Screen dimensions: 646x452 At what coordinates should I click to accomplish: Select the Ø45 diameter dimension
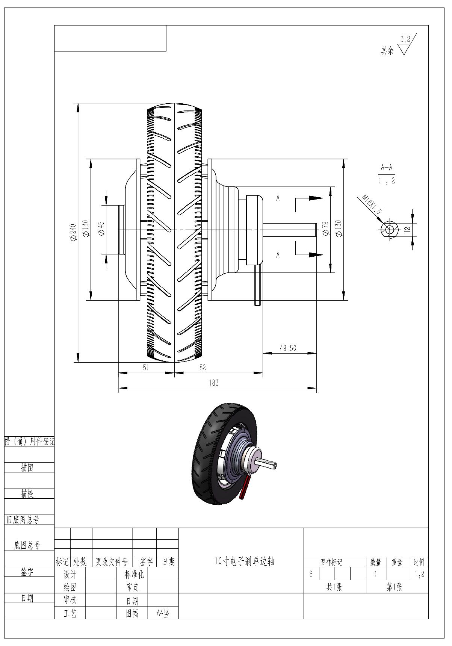pos(101,228)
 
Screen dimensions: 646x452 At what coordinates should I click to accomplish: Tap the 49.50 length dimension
pos(288,348)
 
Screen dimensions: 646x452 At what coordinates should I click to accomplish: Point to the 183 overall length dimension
pos(213,383)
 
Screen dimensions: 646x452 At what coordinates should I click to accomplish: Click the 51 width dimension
pos(146,368)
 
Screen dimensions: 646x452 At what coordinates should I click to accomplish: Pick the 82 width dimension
pos(203,368)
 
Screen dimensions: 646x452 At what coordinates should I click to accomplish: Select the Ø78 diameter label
pos(326,228)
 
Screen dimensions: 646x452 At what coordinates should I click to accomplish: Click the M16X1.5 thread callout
pos(371,204)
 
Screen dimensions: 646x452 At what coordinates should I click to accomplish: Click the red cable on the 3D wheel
pos(246,487)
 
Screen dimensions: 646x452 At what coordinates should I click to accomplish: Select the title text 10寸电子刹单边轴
pos(245,561)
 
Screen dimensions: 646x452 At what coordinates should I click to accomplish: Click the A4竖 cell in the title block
pos(163,613)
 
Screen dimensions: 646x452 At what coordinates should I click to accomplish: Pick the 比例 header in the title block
pos(419,563)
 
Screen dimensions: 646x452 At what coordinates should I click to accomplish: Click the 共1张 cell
pos(334,587)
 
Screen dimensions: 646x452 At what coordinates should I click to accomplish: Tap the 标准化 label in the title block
pos(134,574)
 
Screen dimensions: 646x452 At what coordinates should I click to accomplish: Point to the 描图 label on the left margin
pos(27,467)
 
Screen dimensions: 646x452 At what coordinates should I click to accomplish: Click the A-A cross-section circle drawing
pos(389,229)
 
